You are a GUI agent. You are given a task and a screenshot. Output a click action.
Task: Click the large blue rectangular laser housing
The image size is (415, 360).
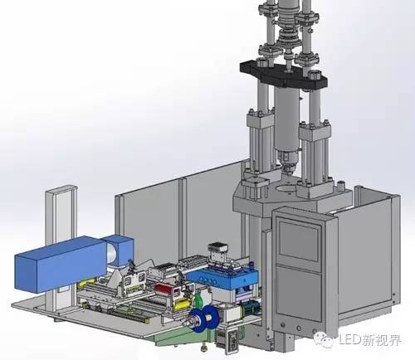pos(61,265)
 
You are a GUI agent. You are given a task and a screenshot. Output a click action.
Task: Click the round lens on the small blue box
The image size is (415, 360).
pos(112,255)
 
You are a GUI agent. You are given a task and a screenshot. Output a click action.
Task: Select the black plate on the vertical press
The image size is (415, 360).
pos(284,73)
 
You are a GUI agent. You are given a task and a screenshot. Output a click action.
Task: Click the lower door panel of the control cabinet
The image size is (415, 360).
pos(299,293)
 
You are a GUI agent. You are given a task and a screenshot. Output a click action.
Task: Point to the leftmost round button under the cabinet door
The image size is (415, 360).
pos(282,325)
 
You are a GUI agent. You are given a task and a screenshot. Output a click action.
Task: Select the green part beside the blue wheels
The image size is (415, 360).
pos(198,300)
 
